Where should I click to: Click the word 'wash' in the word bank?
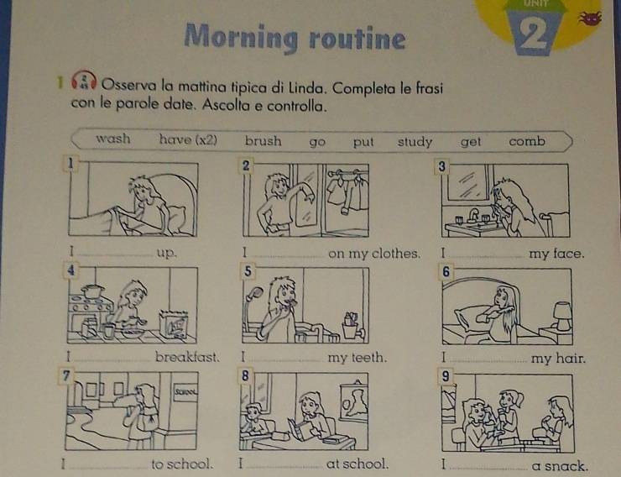[x=113, y=139]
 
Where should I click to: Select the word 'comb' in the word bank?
[x=527, y=141]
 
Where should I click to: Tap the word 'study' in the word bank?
[x=415, y=142]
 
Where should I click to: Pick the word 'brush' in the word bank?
[x=263, y=140]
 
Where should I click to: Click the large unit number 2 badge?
[x=533, y=32]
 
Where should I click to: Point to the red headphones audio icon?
[x=84, y=81]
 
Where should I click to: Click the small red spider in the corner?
[x=590, y=18]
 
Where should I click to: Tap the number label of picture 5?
[x=248, y=271]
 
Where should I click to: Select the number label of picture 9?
[x=446, y=376]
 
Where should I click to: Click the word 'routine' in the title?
[x=357, y=39]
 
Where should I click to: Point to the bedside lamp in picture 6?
[x=562, y=316]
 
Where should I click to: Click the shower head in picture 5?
[x=254, y=294]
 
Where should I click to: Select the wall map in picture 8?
[x=354, y=401]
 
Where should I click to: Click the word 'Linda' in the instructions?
[x=307, y=87]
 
